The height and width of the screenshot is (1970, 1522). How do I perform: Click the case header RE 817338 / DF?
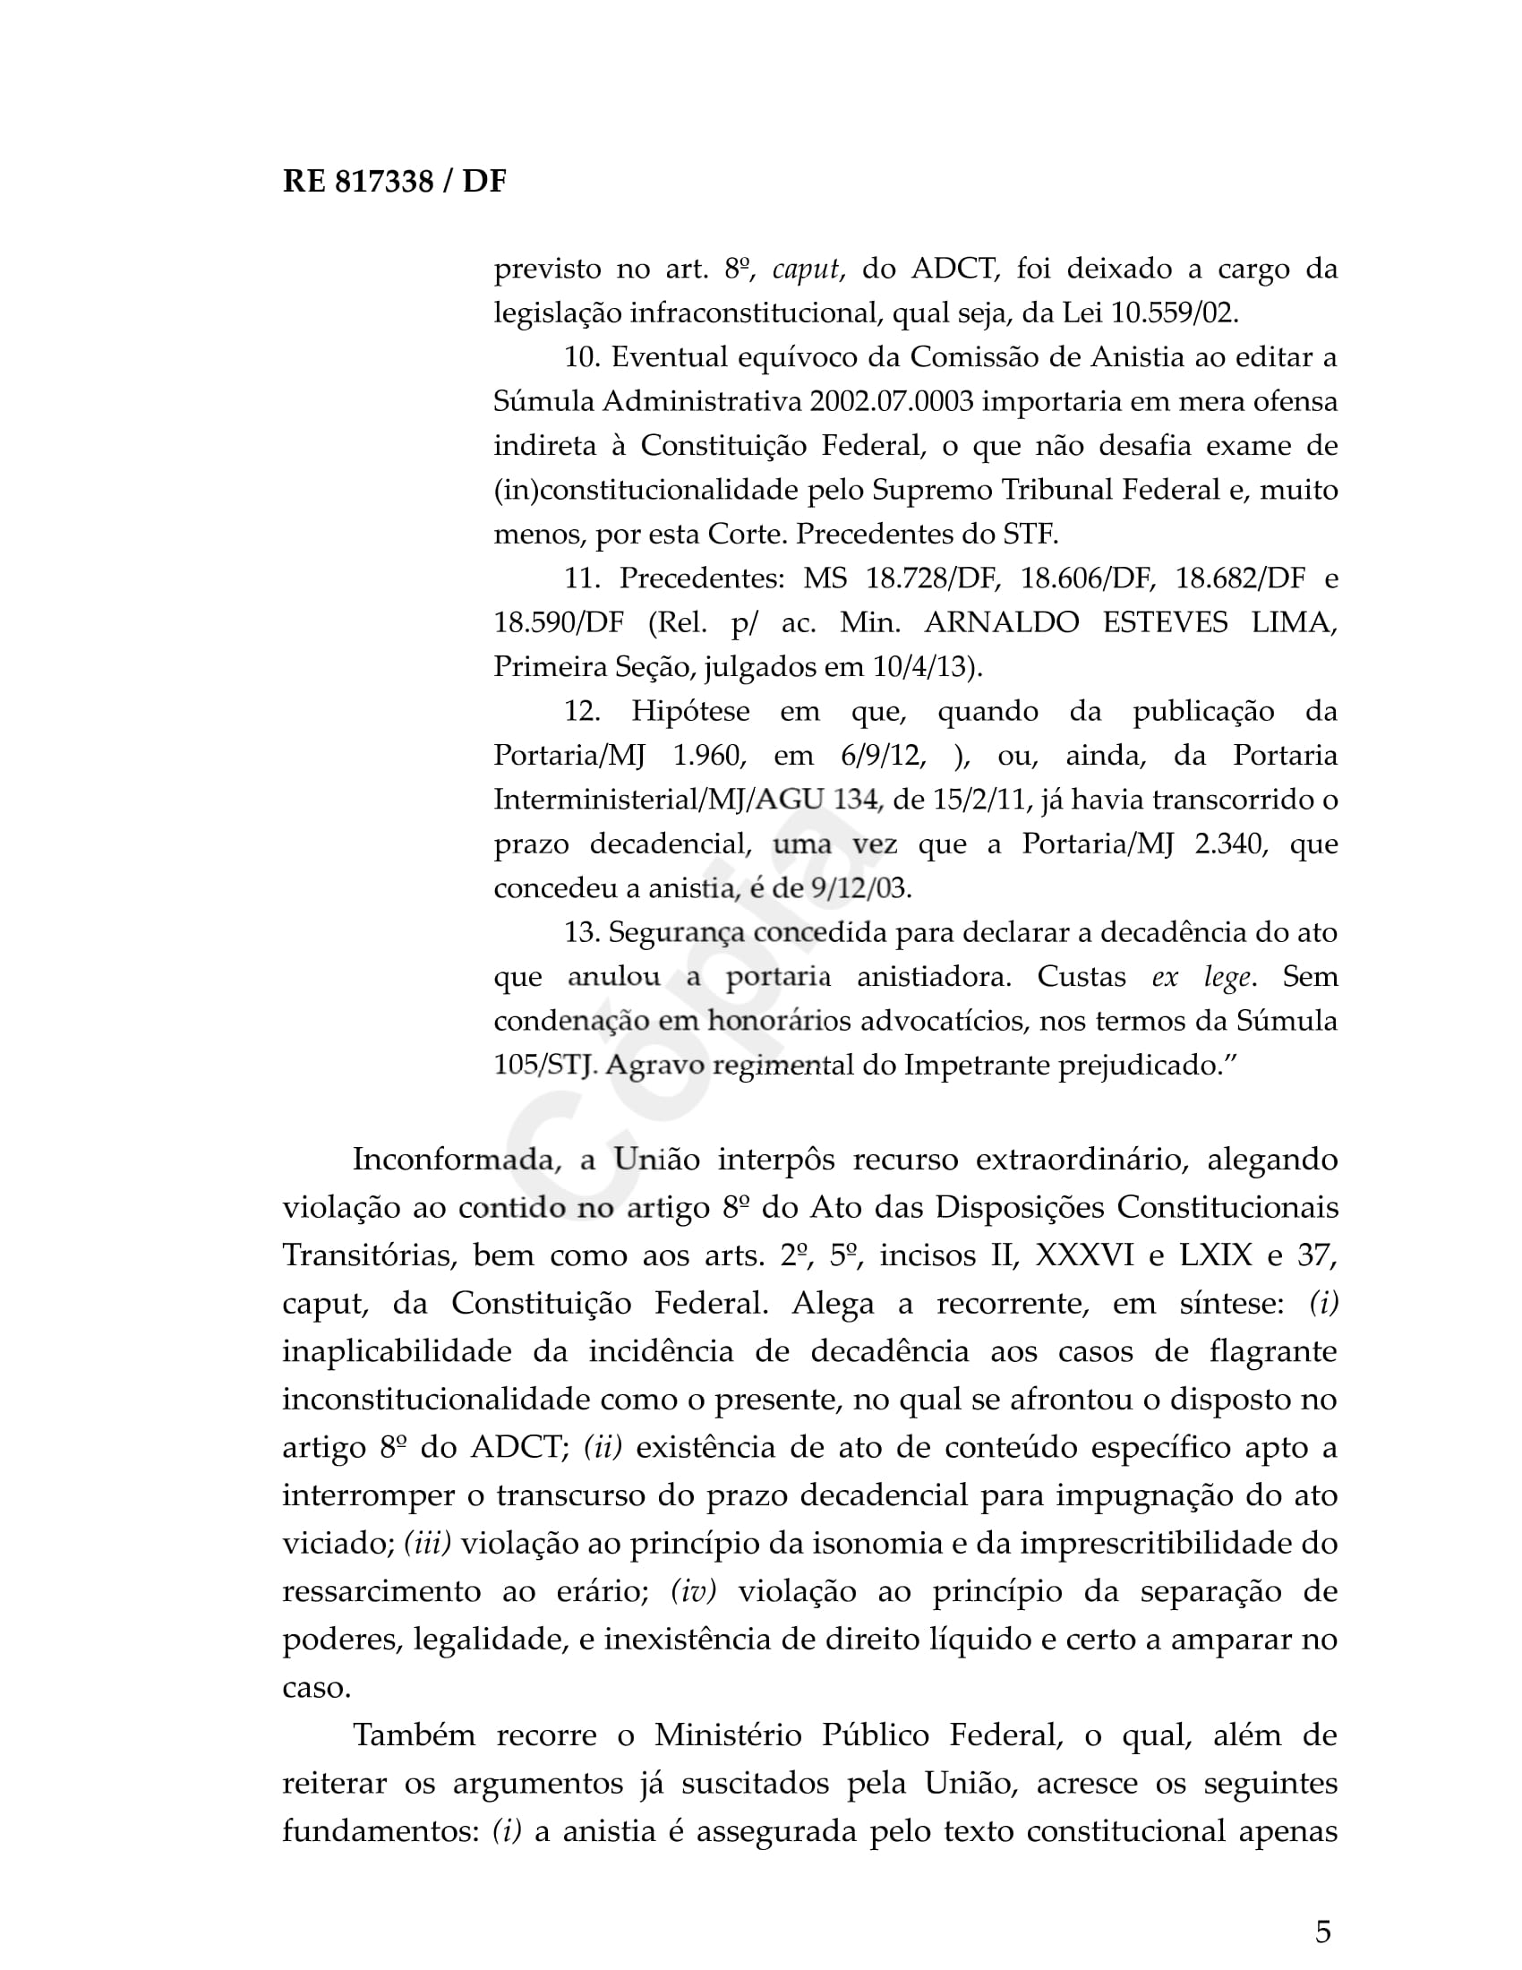(394, 182)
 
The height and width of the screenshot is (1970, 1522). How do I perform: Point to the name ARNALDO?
(1001, 622)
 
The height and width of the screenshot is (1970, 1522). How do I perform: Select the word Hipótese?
(689, 711)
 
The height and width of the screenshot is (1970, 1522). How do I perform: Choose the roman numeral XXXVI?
(1084, 1255)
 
